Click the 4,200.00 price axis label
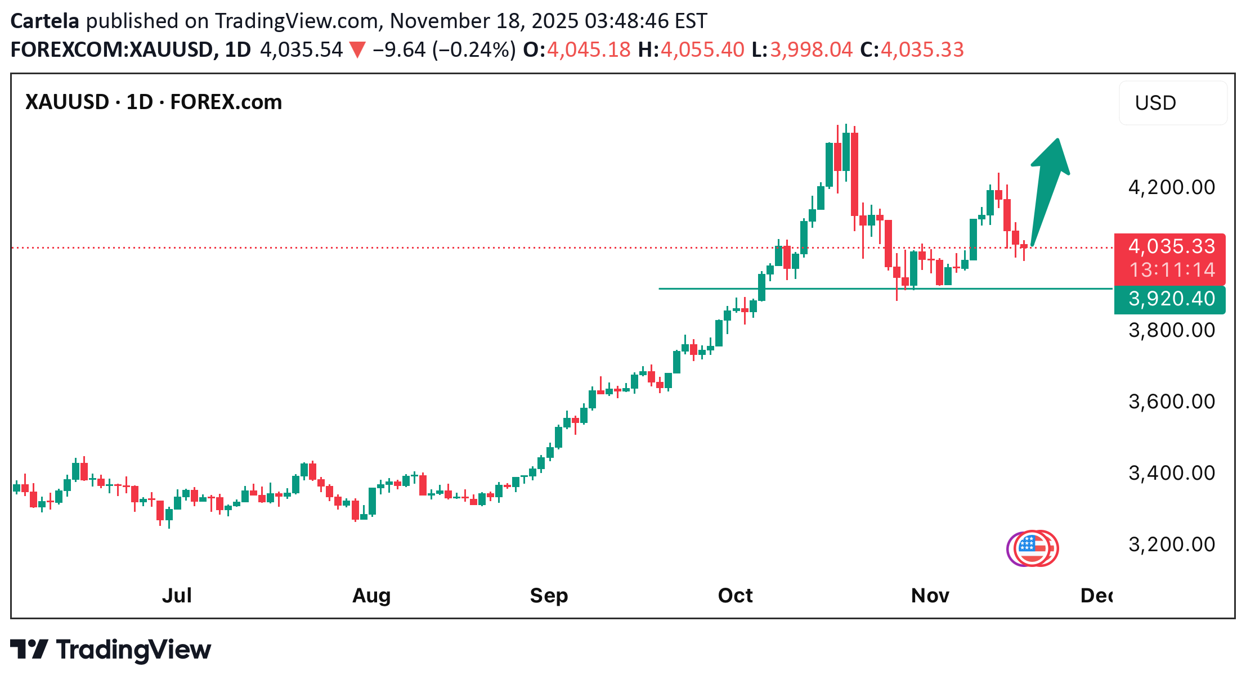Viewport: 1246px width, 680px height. pos(1172,187)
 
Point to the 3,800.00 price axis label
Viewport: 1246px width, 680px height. pos(1172,330)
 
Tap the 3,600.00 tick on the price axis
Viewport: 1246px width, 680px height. pos(1172,402)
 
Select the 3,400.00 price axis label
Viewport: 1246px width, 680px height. pos(1172,473)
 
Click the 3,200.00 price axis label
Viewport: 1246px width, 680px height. pos(1172,544)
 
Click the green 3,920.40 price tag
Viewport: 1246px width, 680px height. pos(1171,299)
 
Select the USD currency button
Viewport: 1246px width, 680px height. pos(1172,103)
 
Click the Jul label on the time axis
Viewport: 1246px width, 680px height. pos(177,595)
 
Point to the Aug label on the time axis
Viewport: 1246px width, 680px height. pos(371,595)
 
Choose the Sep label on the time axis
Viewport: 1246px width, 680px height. pos(549,595)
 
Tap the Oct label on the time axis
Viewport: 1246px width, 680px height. pos(735,595)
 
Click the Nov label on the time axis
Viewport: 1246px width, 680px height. pos(930,595)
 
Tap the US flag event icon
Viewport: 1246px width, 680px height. pos(1033,548)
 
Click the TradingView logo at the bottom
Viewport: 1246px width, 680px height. pos(111,650)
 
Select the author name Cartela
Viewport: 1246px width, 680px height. pos(45,21)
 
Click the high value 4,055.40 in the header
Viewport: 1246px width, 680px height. pos(702,49)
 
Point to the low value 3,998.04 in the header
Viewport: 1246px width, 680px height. pos(811,49)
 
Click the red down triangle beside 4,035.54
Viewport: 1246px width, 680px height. pos(357,50)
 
